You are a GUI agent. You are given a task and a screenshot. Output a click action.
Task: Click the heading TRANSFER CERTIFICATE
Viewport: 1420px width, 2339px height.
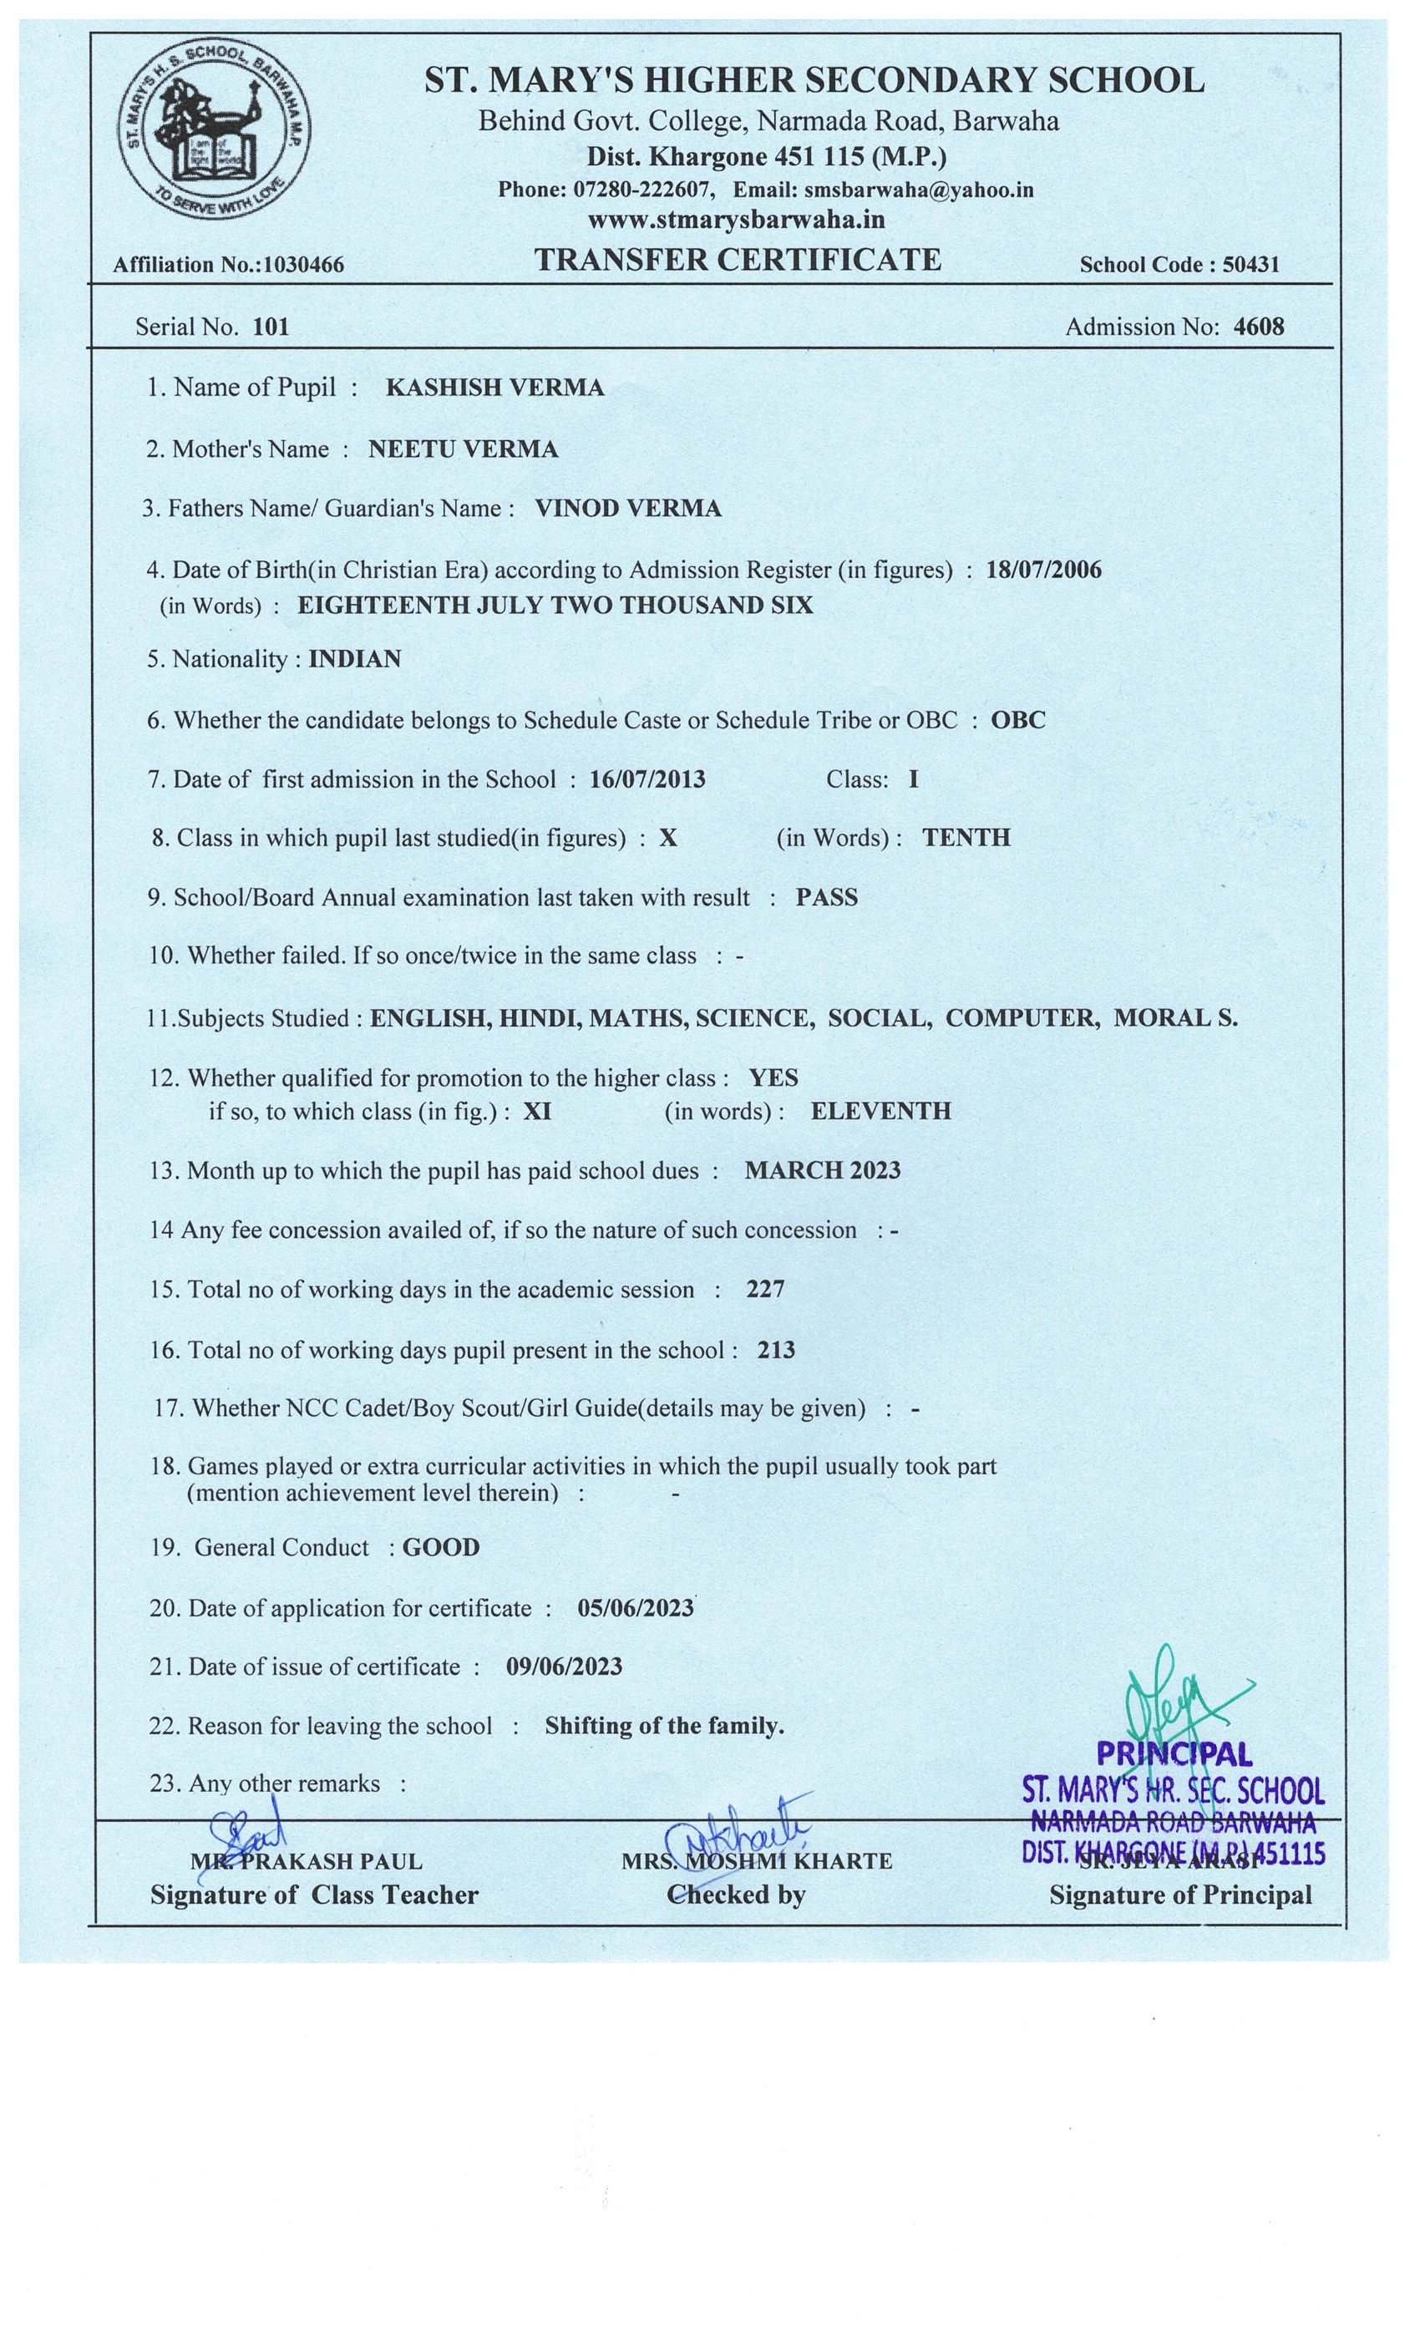[x=738, y=259]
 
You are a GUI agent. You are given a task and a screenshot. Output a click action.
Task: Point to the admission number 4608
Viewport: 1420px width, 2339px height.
[x=1258, y=327]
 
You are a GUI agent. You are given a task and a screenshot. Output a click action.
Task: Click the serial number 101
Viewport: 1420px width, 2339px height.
[x=271, y=327]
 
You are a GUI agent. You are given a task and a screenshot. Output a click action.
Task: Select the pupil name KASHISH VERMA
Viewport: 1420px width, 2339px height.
[x=494, y=388]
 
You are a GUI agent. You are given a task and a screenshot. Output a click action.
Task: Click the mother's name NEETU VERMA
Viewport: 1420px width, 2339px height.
[x=464, y=449]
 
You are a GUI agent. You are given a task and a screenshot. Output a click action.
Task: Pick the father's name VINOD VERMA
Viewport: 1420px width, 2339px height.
[x=627, y=508]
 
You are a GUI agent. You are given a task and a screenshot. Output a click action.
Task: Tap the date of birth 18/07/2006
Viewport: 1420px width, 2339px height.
[x=1043, y=570]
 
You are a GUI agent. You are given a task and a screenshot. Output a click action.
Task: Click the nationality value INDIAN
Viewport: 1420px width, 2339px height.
[x=354, y=659]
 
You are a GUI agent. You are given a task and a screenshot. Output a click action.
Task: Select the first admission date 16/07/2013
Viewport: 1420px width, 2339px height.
[x=647, y=779]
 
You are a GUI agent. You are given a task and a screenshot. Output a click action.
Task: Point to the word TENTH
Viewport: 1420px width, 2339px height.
[x=966, y=837]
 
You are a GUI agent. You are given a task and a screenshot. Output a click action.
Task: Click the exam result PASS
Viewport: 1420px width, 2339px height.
[x=826, y=897]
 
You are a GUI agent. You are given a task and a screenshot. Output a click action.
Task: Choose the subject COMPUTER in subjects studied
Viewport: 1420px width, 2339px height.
[x=1022, y=1017]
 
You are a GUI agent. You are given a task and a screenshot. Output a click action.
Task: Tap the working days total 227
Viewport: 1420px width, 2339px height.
[x=765, y=1289]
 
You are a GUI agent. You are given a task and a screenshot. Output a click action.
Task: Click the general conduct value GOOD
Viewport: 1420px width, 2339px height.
[x=440, y=1547]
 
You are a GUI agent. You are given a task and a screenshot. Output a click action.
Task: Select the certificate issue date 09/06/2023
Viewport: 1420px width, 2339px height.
[x=564, y=1666]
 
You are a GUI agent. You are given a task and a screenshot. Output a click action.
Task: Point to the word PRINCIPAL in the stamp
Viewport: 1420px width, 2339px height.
[x=1174, y=1754]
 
